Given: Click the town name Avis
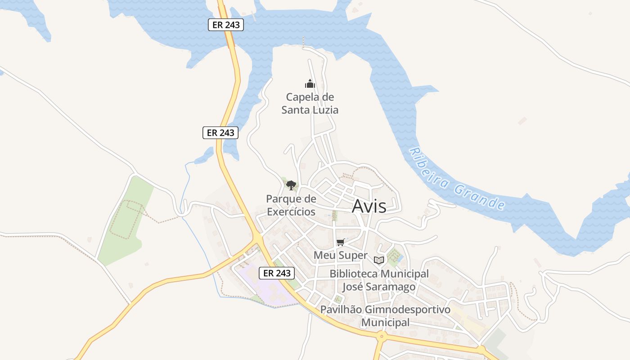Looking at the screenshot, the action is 369,206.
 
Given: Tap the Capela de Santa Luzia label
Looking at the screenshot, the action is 310,103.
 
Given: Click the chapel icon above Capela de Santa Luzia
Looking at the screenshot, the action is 310,84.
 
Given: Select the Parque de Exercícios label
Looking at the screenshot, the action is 291,205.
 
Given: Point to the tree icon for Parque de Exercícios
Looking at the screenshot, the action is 291,184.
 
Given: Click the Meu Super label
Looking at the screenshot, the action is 341,255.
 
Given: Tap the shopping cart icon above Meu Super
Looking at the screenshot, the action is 341,242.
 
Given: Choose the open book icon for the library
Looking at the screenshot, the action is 379,260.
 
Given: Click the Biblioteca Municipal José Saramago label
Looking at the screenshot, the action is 379,280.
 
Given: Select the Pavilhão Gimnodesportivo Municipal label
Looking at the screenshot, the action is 385,316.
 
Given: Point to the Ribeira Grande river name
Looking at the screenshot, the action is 456,179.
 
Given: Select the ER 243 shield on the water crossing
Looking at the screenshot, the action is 226,25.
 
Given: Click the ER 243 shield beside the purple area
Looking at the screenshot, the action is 277,273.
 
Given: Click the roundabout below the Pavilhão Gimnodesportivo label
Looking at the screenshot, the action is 382,336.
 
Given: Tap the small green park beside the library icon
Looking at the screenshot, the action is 394,256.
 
